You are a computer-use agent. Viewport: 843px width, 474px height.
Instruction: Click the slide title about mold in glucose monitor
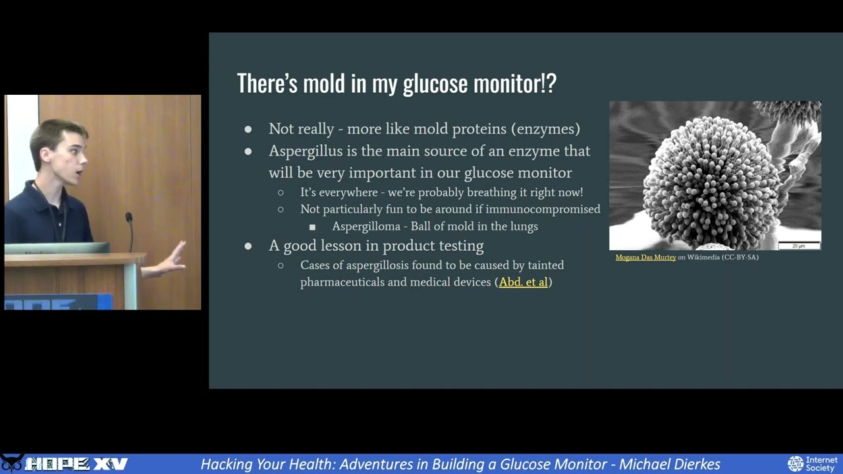[396, 84]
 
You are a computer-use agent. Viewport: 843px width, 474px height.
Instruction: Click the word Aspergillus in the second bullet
[306, 151]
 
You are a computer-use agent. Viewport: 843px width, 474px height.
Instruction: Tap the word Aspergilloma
[366, 226]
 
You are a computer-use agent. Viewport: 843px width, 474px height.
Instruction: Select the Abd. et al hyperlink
[523, 282]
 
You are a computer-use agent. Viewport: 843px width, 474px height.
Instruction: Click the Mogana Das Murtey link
[645, 257]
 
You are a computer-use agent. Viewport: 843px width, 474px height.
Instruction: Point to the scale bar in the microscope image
[798, 246]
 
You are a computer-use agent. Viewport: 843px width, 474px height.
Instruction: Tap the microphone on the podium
[129, 217]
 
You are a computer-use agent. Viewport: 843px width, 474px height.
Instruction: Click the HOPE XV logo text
[76, 464]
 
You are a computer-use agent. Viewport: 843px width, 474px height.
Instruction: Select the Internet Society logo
[813, 463]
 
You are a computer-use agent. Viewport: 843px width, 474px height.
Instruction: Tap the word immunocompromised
[543, 209]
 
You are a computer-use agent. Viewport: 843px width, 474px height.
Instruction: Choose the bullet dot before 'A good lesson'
[248, 246]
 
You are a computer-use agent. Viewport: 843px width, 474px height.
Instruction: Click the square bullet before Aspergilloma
[312, 227]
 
